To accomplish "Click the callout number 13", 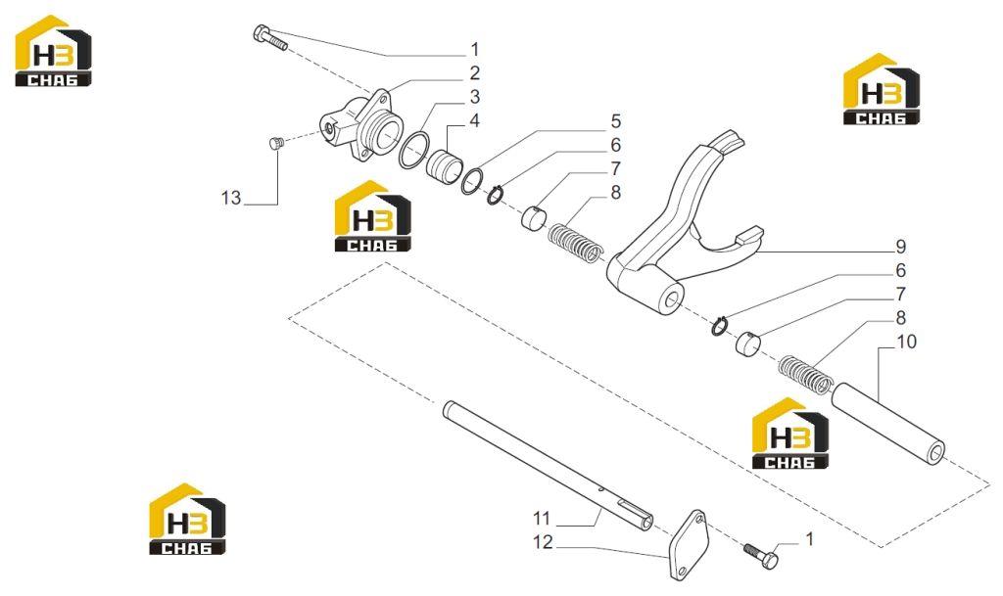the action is pyautogui.click(x=231, y=198).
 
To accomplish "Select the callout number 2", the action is pyautogui.click(x=474, y=72).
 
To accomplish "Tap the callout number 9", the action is pyautogui.click(x=901, y=247).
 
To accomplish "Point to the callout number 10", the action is pyautogui.click(x=906, y=342).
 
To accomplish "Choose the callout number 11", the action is pyautogui.click(x=542, y=518).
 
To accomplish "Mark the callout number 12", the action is pyautogui.click(x=543, y=542).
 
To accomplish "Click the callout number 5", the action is pyautogui.click(x=615, y=121).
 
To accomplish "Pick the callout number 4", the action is pyautogui.click(x=474, y=120).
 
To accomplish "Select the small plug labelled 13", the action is pyautogui.click(x=274, y=144).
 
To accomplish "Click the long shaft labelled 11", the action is pyautogui.click(x=547, y=466).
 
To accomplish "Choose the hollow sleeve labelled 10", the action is pyautogui.click(x=887, y=422).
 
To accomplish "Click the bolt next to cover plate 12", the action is pyautogui.click(x=761, y=555).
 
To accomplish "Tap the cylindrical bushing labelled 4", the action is pyautogui.click(x=444, y=164).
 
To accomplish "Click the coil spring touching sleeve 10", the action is pyautogui.click(x=805, y=375).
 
